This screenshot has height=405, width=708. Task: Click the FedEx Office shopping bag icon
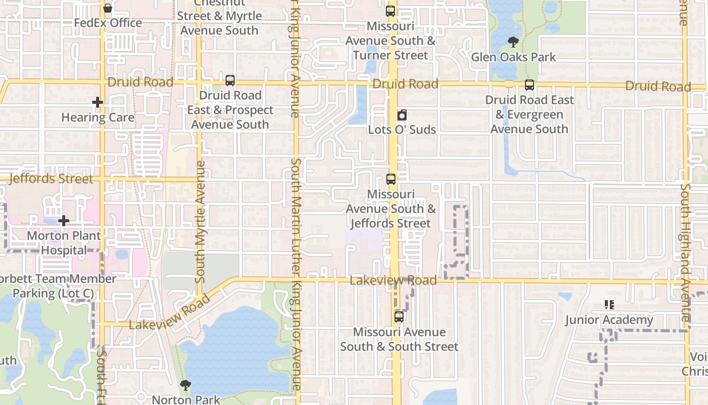pyautogui.click(x=108, y=8)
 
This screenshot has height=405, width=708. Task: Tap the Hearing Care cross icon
pyautogui.click(x=98, y=103)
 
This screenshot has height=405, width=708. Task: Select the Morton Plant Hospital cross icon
pyautogui.click(x=64, y=221)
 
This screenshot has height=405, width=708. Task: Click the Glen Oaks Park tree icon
pyautogui.click(x=513, y=42)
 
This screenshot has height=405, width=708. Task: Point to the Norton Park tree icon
pyautogui.click(x=186, y=385)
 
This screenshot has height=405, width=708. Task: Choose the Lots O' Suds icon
pyautogui.click(x=402, y=115)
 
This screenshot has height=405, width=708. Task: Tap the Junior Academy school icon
pyautogui.click(x=609, y=305)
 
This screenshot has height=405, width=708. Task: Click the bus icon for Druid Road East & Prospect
pyautogui.click(x=230, y=80)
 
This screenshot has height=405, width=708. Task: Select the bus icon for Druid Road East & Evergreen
pyautogui.click(x=529, y=85)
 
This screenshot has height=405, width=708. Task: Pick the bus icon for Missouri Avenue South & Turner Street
pyautogui.click(x=390, y=11)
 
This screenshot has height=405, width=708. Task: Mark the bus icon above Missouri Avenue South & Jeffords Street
pyautogui.click(x=391, y=179)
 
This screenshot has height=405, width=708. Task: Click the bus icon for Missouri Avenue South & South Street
pyautogui.click(x=399, y=317)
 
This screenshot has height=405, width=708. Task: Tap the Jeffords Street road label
pyautogui.click(x=51, y=179)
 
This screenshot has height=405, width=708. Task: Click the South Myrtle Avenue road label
pyautogui.click(x=200, y=221)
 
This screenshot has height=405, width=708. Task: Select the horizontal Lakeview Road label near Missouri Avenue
pyautogui.click(x=393, y=280)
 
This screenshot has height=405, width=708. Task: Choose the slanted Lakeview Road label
pyautogui.click(x=169, y=313)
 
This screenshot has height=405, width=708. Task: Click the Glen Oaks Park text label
pyautogui.click(x=513, y=57)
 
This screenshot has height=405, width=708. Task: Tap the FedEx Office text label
pyautogui.click(x=108, y=23)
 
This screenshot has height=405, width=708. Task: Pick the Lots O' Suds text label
pyautogui.click(x=402, y=130)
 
